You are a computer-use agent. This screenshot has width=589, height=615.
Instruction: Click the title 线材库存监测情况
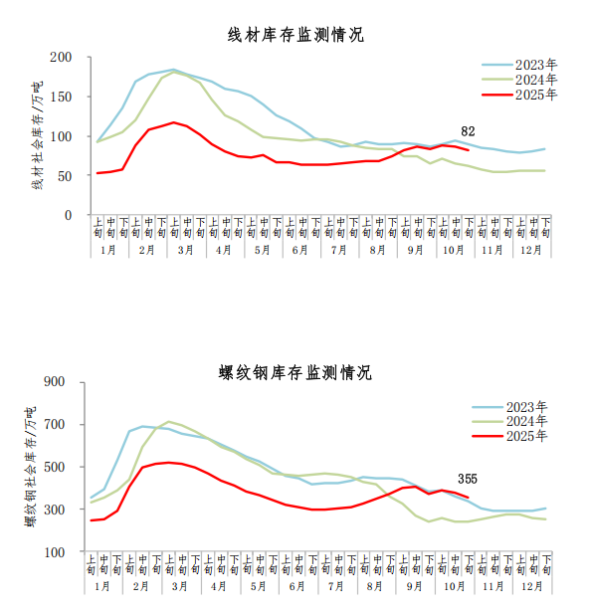pyautogui.click(x=296, y=35)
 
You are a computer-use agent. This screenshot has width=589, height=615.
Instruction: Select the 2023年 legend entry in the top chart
pyautogui.click(x=536, y=65)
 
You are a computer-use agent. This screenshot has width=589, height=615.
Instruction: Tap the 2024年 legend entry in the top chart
pyautogui.click(x=536, y=80)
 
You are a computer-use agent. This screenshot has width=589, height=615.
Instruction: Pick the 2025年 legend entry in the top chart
pyautogui.click(x=536, y=95)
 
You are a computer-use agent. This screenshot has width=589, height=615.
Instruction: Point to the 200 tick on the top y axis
pyautogui.click(x=62, y=58)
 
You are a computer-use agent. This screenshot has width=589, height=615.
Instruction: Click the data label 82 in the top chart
pyautogui.click(x=468, y=130)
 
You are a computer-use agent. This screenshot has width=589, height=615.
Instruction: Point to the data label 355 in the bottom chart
pyautogui.click(x=468, y=478)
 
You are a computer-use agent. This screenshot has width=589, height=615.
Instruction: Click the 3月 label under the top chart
pyautogui.click(x=185, y=250)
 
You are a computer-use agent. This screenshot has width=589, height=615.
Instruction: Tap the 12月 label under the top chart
pyautogui.click(x=531, y=250)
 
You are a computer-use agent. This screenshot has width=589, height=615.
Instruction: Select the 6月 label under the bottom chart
pyautogui.click(x=296, y=587)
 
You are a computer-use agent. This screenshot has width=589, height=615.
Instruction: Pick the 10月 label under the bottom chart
pyautogui.click(x=454, y=587)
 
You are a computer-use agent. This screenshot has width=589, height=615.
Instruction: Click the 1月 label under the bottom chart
pyautogui.click(x=103, y=587)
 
